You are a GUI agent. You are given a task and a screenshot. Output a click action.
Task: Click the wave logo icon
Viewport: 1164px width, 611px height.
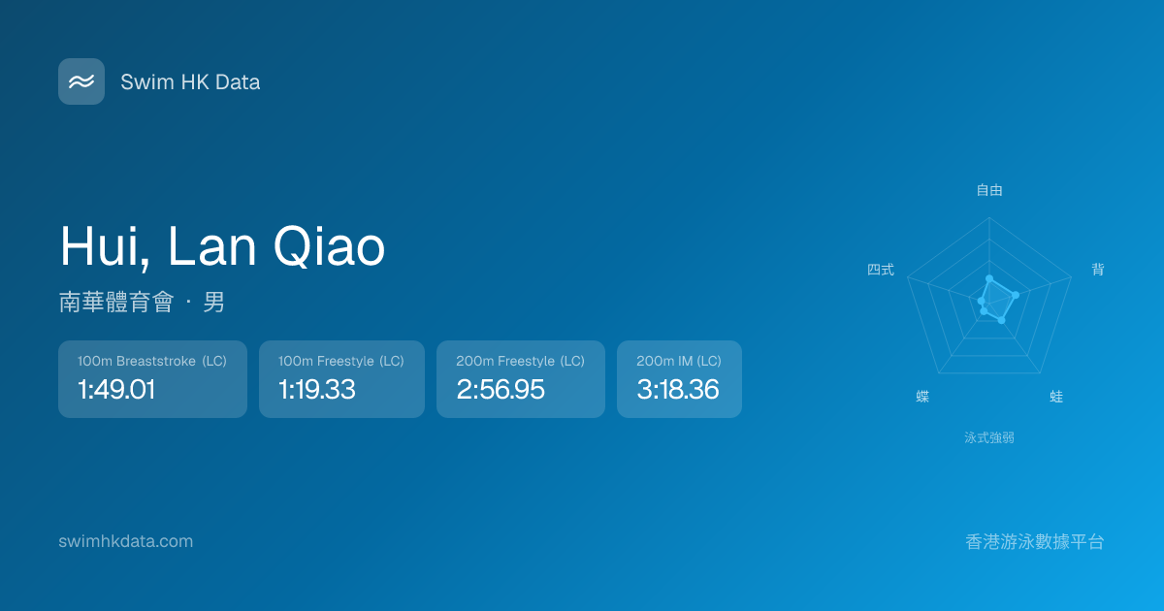pyautogui.click(x=81, y=81)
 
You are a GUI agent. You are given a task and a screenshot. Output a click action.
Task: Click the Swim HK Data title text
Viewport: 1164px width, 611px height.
pyautogui.click(x=190, y=82)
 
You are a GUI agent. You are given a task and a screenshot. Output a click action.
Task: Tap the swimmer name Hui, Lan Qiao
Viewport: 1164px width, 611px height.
pyautogui.click(x=222, y=247)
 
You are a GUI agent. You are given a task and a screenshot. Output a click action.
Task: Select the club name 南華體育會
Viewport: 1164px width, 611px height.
pyautogui.click(x=116, y=302)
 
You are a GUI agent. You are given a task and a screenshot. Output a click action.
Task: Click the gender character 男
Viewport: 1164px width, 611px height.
pyautogui.click(x=213, y=302)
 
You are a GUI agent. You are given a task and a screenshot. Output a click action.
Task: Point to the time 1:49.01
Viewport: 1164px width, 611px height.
pyautogui.click(x=116, y=389)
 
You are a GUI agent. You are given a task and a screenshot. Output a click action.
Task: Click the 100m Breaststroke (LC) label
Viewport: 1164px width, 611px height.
pyautogui.click(x=152, y=361)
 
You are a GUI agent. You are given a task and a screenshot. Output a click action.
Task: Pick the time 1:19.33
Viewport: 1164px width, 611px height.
pyautogui.click(x=317, y=389)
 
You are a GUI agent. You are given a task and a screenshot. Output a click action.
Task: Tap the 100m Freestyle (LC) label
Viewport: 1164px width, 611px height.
pyautogui.click(x=341, y=361)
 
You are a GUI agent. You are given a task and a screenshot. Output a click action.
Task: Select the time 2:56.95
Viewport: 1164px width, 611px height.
pyautogui.click(x=501, y=389)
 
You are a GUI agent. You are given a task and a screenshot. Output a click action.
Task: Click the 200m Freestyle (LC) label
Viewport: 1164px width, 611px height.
pyautogui.click(x=521, y=361)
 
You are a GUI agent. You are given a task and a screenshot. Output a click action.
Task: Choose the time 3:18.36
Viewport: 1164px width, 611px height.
pyautogui.click(x=678, y=389)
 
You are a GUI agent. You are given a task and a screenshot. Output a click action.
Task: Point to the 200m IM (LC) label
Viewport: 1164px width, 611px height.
pyautogui.click(x=679, y=361)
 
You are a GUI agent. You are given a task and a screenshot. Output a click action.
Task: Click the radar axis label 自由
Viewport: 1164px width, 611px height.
pyautogui.click(x=989, y=190)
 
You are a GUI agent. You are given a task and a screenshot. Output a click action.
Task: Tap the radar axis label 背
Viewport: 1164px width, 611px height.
pyautogui.click(x=1098, y=270)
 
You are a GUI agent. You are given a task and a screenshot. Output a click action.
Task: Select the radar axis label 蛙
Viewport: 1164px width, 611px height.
pyautogui.click(x=1056, y=397)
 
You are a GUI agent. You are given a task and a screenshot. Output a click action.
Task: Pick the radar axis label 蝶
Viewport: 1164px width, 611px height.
pyautogui.click(x=922, y=397)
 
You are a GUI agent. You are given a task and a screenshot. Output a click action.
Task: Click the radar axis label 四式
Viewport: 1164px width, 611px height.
pyautogui.click(x=881, y=270)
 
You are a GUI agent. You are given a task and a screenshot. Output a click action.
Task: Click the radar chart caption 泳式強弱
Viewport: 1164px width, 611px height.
pyautogui.click(x=989, y=437)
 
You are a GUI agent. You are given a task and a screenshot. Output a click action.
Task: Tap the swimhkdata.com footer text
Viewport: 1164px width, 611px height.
pyautogui.click(x=126, y=541)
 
